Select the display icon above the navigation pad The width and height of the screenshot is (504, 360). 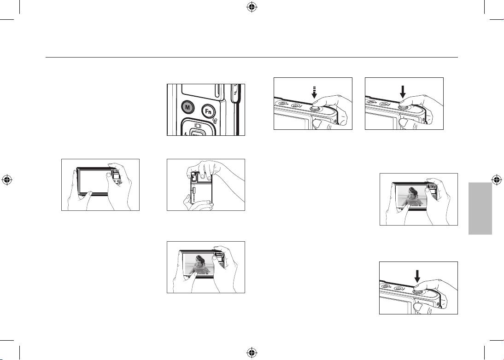coord(198,126)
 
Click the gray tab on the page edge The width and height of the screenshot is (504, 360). coord(480,209)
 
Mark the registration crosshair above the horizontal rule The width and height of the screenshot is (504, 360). coord(252,7)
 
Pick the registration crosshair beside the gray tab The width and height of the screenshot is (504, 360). coord(497,180)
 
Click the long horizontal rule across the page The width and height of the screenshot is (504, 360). coord(252,58)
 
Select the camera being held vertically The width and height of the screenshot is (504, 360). coord(201,187)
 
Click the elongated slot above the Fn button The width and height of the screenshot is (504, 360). coord(217,91)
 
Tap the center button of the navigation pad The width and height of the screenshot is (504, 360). coord(195,134)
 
